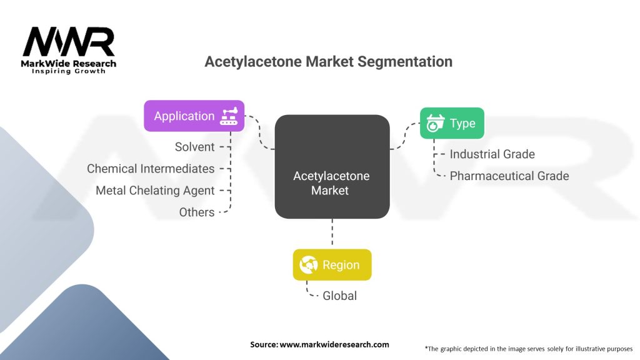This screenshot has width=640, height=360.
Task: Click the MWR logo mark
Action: (x=68, y=42)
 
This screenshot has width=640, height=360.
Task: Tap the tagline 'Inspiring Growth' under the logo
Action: (x=69, y=71)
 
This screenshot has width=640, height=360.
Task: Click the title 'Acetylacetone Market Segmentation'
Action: (x=329, y=62)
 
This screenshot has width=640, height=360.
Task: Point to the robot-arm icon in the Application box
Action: (x=229, y=116)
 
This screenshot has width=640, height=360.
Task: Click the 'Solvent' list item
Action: (x=194, y=147)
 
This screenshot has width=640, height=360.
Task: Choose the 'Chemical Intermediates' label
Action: (x=151, y=169)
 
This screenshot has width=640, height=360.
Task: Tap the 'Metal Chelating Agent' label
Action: (x=155, y=191)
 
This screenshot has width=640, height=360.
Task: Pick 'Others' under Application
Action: (x=197, y=212)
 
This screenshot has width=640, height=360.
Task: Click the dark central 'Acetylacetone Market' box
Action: (x=332, y=167)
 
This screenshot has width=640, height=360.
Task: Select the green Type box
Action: (x=451, y=123)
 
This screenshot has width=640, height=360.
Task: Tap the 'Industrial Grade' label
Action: (x=492, y=154)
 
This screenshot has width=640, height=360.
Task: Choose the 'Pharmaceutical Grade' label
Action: (x=509, y=176)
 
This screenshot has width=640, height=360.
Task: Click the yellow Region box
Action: (x=332, y=265)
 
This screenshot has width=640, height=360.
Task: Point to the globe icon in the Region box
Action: (x=309, y=265)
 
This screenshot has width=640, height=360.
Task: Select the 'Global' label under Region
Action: (x=339, y=296)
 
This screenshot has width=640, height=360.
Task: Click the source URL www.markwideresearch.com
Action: (x=334, y=344)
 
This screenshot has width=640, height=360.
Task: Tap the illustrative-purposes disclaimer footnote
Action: (x=528, y=348)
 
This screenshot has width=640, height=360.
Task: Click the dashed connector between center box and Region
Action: (x=332, y=234)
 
